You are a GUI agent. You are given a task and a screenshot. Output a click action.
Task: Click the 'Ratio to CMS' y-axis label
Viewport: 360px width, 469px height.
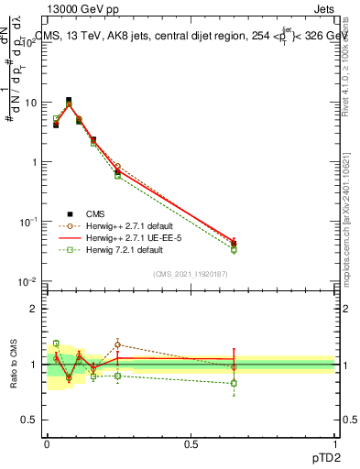point(14,365)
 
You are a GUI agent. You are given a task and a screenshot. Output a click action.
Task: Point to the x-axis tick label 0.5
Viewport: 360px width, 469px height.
point(191,444)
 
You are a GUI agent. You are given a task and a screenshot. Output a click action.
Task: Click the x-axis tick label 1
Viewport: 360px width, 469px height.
point(334,444)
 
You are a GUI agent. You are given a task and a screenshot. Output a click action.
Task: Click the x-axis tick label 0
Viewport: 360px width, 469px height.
point(47,444)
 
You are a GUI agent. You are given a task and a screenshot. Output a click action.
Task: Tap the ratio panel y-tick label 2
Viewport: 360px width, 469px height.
point(34,309)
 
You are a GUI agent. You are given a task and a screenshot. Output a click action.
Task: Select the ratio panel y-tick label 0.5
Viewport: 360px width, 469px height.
point(30,420)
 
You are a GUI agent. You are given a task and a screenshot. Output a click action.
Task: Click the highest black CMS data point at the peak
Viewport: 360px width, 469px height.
point(69,101)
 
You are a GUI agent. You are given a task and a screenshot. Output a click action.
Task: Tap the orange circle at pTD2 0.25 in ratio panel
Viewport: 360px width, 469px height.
point(117,345)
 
